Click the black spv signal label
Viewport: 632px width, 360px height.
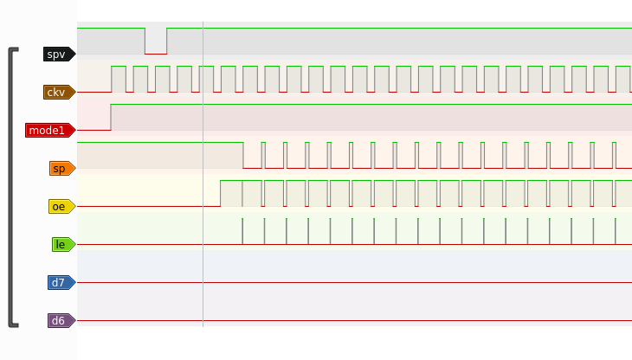(59, 54)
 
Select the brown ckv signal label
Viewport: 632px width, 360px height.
(59, 93)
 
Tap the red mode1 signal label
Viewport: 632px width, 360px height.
(50, 131)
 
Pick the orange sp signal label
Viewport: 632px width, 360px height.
(62, 169)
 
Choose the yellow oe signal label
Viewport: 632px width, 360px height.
(62, 207)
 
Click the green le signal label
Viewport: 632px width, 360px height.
(64, 244)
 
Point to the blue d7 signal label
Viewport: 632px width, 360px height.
(61, 283)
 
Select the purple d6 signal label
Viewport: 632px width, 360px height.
(61, 321)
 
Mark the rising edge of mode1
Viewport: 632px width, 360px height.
(111, 117)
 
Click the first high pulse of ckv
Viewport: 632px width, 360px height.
(119, 79)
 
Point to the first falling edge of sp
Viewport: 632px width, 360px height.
(243, 155)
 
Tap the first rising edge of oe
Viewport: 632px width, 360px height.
(221, 193)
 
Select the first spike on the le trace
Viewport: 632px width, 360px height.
(242, 231)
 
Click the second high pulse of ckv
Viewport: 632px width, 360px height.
(140, 79)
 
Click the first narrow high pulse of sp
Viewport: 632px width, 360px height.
(263, 155)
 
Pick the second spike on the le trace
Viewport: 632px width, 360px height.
(264, 231)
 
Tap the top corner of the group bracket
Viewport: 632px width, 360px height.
(12, 49)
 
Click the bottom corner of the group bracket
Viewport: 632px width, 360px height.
(12, 325)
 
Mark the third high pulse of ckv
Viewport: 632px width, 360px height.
(163, 79)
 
